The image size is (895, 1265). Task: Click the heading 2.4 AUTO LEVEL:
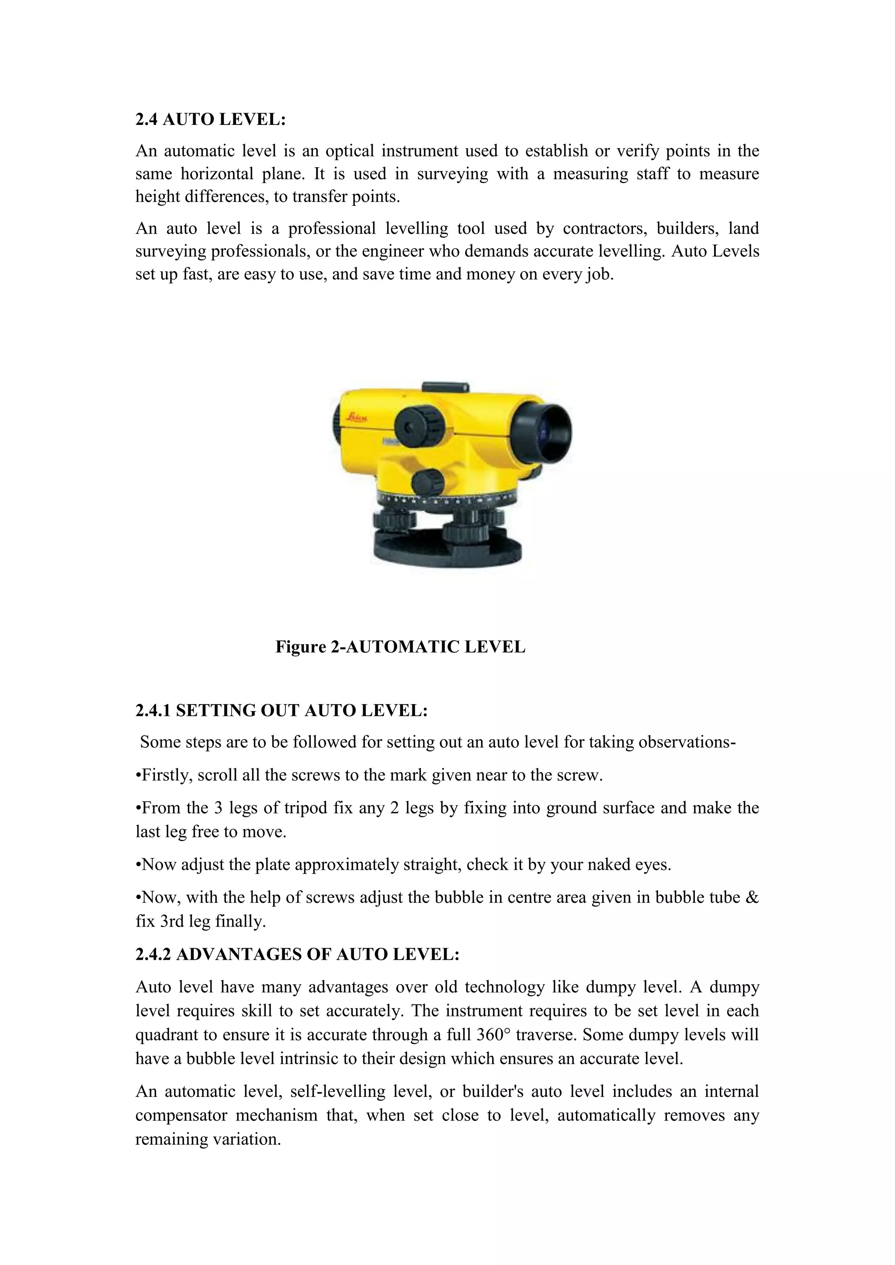[211, 120]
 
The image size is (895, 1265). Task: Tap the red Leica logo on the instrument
[357, 418]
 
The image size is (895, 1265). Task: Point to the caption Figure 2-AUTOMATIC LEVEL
[400, 646]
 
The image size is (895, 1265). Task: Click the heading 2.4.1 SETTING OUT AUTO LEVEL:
[281, 710]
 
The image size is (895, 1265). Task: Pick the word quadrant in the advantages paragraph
[171, 1034]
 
